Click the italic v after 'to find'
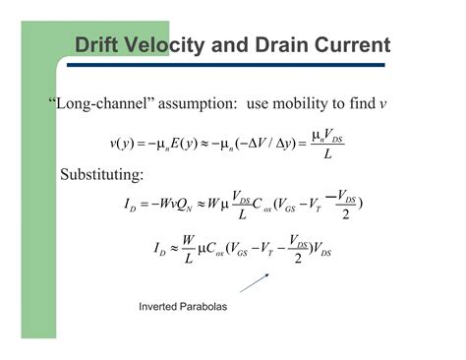point(382,105)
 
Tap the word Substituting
point(102,174)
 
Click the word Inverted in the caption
point(161,307)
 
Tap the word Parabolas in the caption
point(205,307)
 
